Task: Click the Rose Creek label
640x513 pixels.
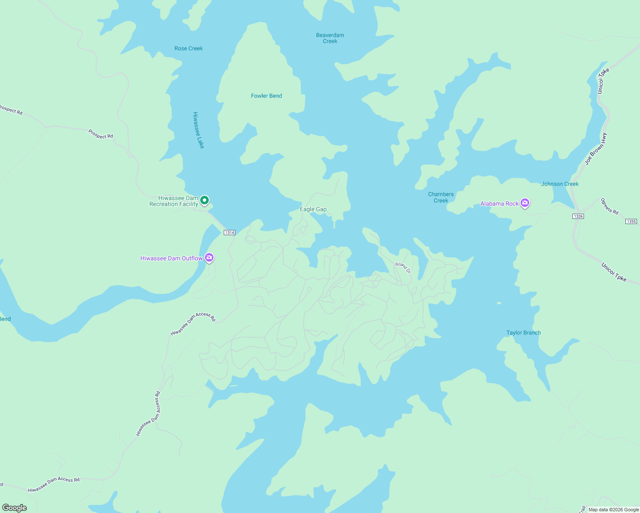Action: [x=189, y=48]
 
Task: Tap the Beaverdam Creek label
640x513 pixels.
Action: [x=330, y=38]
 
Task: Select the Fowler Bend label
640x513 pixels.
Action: [x=266, y=96]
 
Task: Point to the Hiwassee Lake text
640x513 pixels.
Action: [x=199, y=130]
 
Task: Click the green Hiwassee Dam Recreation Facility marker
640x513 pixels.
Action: [x=204, y=200]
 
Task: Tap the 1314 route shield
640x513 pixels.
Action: [x=229, y=233]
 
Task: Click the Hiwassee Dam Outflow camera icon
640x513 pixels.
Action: [x=209, y=257]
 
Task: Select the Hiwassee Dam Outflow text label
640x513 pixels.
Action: [x=171, y=258]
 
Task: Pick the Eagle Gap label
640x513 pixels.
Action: [x=313, y=209]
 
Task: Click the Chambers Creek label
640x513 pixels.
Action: [x=441, y=197]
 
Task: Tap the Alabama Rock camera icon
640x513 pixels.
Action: [x=525, y=203]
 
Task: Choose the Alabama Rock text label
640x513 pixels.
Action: [x=499, y=203]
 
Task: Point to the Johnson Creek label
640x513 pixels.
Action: [x=560, y=184]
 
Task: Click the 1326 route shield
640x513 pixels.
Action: [x=578, y=216]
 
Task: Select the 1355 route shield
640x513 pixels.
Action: [x=631, y=221]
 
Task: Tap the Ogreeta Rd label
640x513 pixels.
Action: [x=609, y=206]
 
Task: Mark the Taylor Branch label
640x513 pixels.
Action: [x=523, y=333]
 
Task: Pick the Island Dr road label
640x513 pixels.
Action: [x=403, y=268]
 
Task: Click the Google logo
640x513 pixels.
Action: [x=15, y=507]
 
